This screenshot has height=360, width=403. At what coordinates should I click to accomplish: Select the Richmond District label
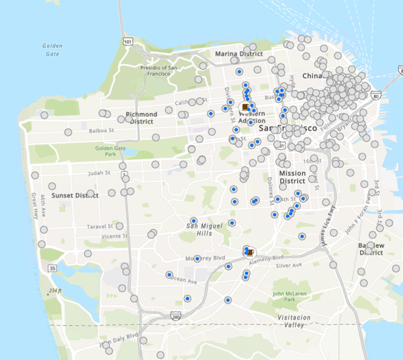point(142,118)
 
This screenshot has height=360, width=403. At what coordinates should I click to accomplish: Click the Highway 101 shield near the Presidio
point(128,42)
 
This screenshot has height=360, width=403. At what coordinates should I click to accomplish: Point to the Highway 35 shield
point(52,268)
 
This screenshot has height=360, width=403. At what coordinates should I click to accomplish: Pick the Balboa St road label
point(100,131)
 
